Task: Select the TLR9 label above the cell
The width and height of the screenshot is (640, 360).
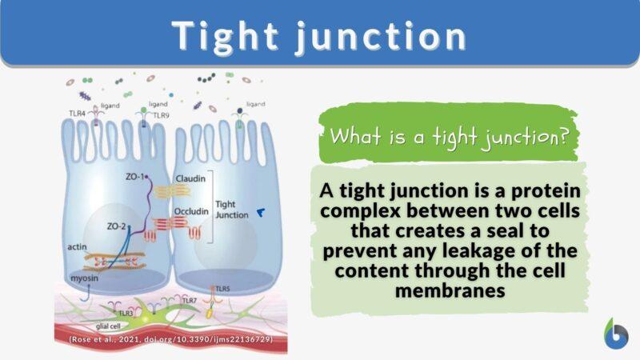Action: (162, 115)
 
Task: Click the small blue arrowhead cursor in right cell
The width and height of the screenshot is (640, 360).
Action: (261, 212)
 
